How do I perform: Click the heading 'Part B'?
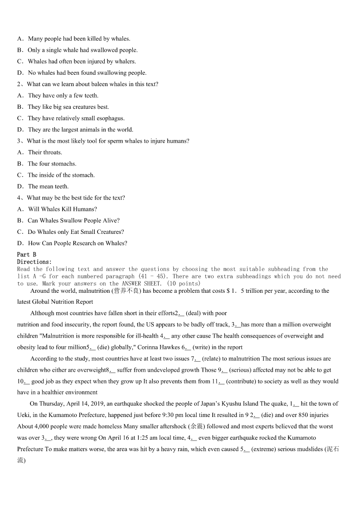click(26, 255)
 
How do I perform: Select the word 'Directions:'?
click(34, 262)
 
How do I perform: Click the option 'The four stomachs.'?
click(52, 164)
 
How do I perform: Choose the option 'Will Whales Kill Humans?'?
click(62, 209)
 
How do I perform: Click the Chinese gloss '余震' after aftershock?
click(197, 427)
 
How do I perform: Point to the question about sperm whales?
click(108, 141)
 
